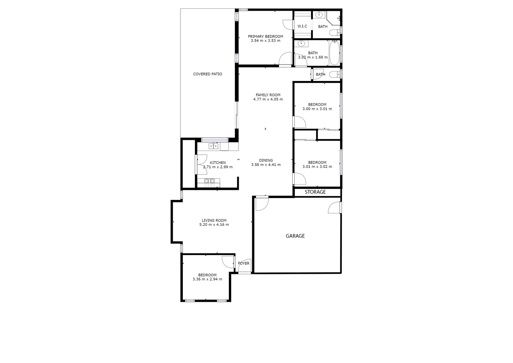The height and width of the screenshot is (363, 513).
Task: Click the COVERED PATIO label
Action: (x=207, y=74)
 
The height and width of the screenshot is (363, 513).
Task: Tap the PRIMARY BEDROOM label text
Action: (x=265, y=36)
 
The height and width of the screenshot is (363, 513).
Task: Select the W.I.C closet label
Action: (x=302, y=26)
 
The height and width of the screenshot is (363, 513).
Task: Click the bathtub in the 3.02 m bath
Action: (x=334, y=53)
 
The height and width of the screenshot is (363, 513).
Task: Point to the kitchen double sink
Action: (x=213, y=146)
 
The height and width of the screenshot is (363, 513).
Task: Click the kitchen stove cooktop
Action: (x=210, y=182)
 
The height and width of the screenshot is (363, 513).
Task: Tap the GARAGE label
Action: (x=295, y=236)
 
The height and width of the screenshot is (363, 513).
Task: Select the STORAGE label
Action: (x=315, y=192)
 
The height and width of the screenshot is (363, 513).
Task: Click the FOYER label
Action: (x=244, y=263)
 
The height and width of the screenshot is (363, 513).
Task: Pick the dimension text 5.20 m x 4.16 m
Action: (x=214, y=225)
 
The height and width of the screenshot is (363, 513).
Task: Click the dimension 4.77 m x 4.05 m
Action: (x=268, y=99)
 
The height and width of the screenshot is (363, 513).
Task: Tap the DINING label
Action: (x=266, y=160)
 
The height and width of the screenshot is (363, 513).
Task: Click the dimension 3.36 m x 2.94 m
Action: (x=207, y=279)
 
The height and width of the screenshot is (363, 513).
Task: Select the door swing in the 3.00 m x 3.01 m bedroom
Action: (x=299, y=122)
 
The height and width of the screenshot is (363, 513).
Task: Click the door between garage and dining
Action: (x=261, y=204)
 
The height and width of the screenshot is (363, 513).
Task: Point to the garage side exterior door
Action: (x=335, y=207)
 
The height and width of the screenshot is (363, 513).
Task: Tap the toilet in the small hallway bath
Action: (x=334, y=75)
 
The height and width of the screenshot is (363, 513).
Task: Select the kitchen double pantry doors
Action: (x=201, y=164)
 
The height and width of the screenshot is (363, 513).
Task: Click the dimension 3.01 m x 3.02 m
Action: (x=317, y=167)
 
